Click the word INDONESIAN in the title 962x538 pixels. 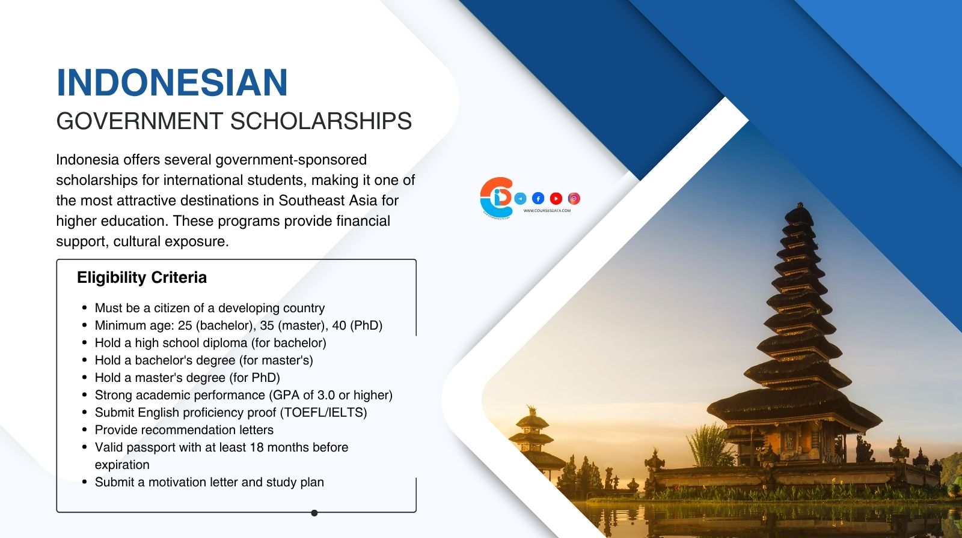click(172, 82)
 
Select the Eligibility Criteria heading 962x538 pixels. click(142, 277)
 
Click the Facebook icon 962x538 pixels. click(538, 198)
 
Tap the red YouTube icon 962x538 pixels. click(556, 198)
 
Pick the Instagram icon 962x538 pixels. click(574, 198)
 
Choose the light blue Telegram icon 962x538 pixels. click(521, 198)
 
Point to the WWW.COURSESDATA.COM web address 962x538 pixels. click(547, 211)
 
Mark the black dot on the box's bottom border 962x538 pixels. click(314, 513)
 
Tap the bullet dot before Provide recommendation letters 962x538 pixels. click(85, 430)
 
